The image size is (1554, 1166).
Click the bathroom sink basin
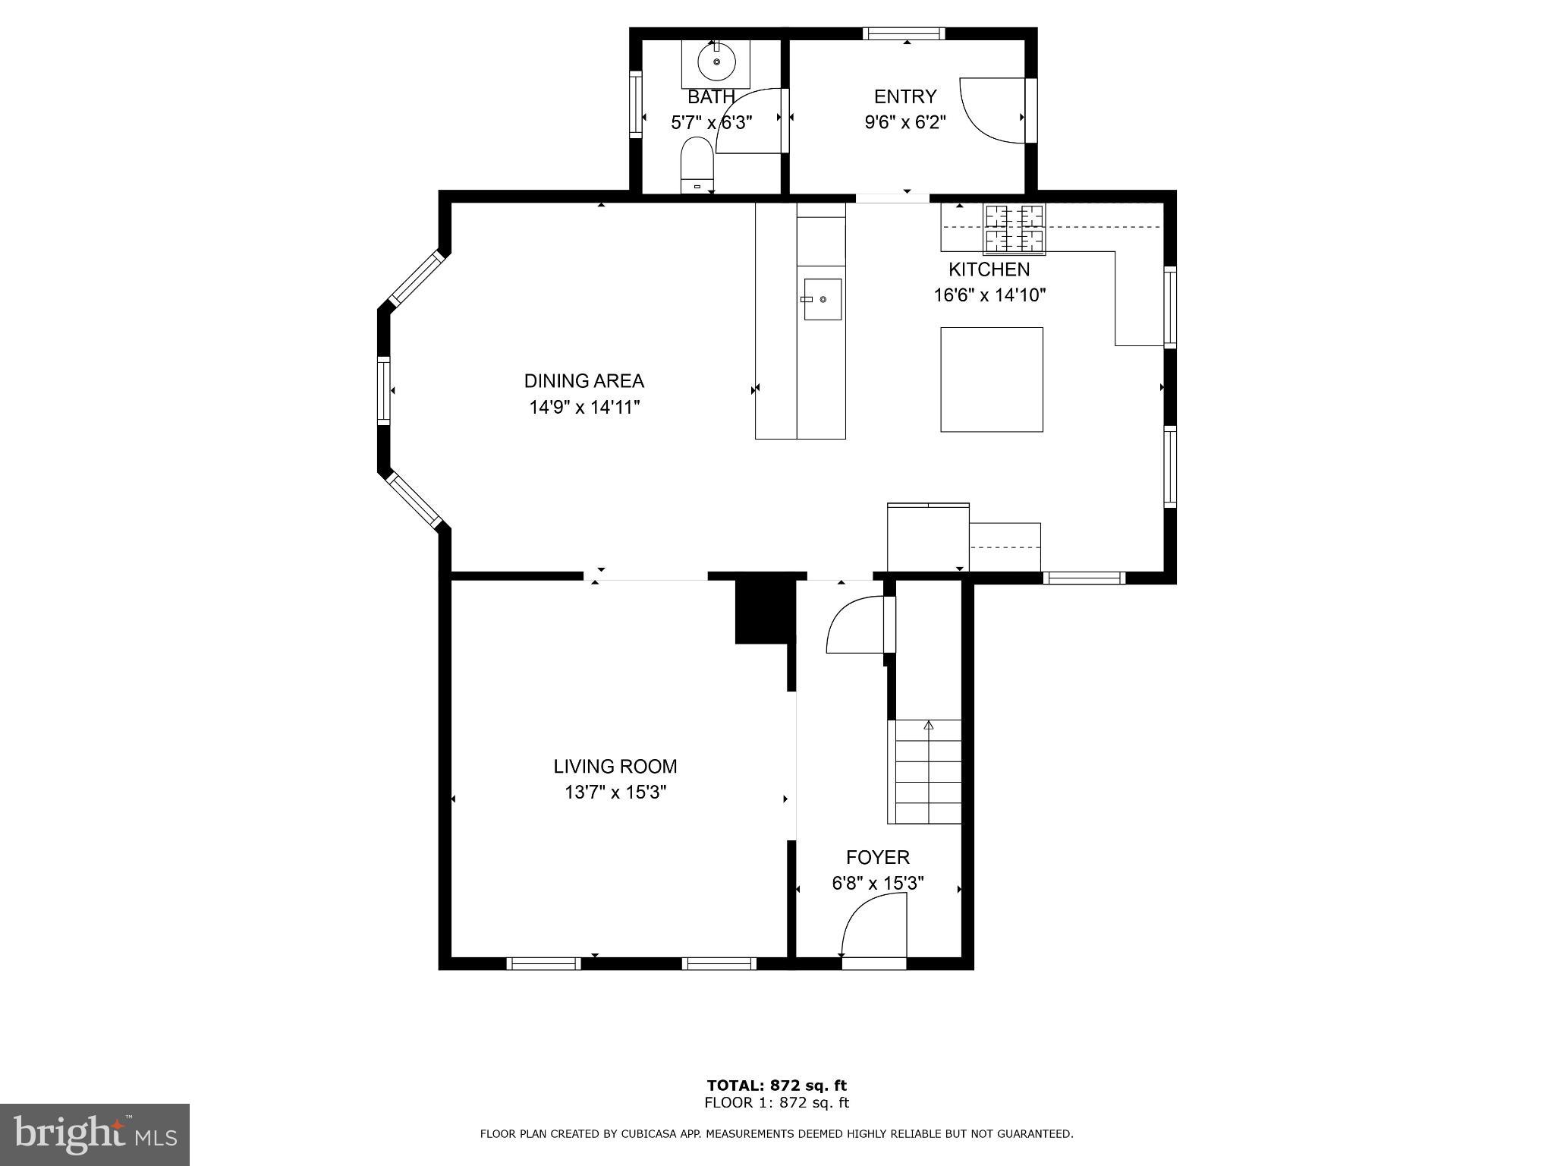tap(716, 62)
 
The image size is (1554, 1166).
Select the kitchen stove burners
tap(1014, 228)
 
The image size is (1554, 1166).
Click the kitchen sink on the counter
tap(823, 299)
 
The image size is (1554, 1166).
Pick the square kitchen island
tap(991, 380)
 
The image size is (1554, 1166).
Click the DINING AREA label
tap(584, 381)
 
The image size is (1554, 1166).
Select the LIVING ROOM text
tap(615, 767)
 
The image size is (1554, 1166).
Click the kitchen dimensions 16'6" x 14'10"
tap(989, 295)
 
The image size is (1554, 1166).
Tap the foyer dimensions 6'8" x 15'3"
tap(877, 884)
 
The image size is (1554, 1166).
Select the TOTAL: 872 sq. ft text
tap(776, 1086)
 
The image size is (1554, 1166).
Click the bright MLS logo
tap(95, 1135)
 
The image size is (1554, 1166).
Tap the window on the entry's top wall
tap(903, 33)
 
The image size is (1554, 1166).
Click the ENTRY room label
tap(904, 96)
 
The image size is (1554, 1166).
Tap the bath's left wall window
tap(636, 103)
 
